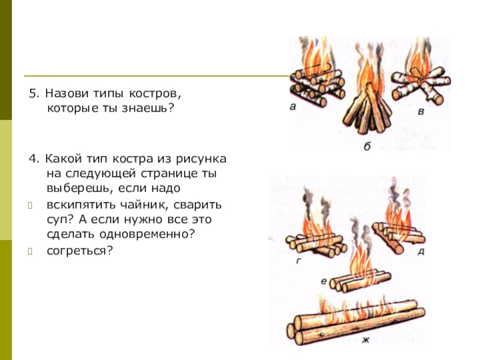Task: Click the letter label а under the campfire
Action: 293,107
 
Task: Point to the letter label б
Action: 367,146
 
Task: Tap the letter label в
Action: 421,112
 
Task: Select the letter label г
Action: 299,261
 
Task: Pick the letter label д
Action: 421,251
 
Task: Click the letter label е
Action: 324,281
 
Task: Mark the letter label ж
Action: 365,340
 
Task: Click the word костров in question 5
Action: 155,93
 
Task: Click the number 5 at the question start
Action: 32,94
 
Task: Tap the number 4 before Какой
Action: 32,159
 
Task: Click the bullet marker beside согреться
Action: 30,251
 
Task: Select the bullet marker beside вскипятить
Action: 30,205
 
